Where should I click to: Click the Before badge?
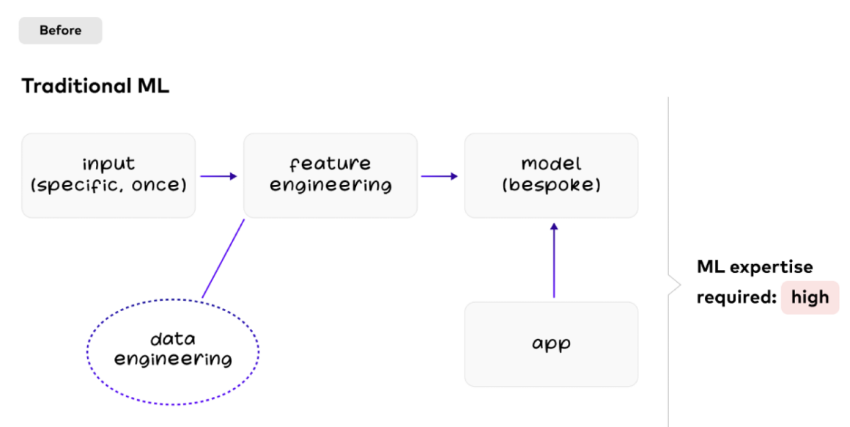(x=60, y=31)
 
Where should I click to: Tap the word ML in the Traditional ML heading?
(x=153, y=86)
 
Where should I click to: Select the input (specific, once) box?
(x=108, y=175)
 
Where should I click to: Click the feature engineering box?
(x=330, y=175)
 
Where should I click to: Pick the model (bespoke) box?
(x=551, y=175)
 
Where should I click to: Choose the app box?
(x=551, y=343)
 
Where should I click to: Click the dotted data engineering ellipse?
(x=173, y=351)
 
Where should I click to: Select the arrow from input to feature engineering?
(x=218, y=176)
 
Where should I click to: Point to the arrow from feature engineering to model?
(x=440, y=176)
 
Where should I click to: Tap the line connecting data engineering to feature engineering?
(x=223, y=258)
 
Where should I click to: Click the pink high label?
(x=810, y=297)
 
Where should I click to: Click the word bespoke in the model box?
(x=551, y=186)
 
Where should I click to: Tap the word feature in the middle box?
(x=330, y=164)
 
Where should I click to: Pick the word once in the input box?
(x=159, y=186)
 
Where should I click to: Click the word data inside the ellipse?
(x=173, y=340)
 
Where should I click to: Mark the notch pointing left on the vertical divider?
(x=670, y=283)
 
